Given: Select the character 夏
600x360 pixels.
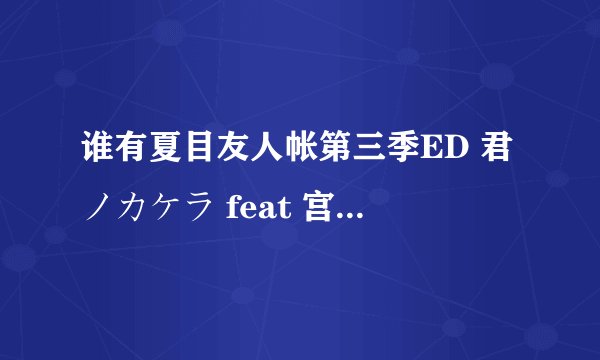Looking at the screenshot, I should [168, 159].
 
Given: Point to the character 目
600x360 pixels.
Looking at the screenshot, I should [203, 159].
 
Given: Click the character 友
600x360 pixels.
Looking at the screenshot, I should [238, 159].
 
